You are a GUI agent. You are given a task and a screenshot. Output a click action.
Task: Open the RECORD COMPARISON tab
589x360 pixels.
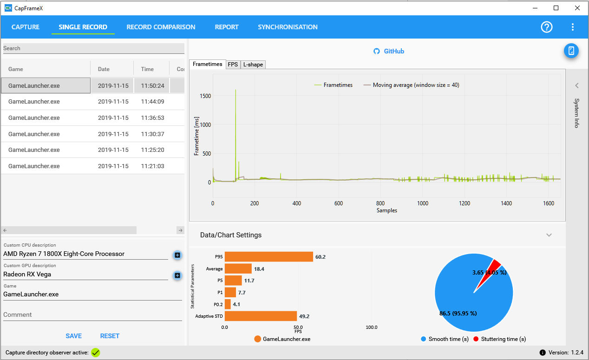click(161, 27)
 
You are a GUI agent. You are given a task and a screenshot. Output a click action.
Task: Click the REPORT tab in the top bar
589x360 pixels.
click(227, 27)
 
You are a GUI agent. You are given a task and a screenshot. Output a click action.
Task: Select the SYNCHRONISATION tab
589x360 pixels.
click(288, 27)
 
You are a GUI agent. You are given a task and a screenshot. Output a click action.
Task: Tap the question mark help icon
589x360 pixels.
click(546, 27)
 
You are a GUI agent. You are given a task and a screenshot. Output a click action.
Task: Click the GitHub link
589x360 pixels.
click(389, 51)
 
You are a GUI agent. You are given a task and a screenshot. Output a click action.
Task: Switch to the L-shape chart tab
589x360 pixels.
click(253, 65)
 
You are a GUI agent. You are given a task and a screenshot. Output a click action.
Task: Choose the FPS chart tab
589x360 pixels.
click(233, 65)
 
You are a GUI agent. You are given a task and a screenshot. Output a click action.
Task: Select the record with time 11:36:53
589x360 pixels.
click(93, 118)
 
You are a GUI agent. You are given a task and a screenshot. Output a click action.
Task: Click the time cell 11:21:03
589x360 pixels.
click(152, 166)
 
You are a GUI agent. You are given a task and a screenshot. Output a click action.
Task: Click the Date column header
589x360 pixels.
click(104, 69)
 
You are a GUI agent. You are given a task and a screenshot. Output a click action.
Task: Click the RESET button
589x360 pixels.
click(110, 336)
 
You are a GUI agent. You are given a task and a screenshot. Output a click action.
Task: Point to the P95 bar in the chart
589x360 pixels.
click(269, 257)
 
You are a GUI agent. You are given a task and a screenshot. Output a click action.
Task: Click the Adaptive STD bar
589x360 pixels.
click(261, 316)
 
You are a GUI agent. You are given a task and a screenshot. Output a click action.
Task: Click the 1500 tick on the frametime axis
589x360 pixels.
click(205, 96)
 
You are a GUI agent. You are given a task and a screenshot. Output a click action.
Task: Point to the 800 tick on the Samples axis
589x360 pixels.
click(380, 203)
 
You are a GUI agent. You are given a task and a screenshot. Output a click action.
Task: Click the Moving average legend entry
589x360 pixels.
click(411, 85)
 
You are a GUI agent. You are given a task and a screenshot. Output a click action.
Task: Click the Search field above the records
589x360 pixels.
click(94, 48)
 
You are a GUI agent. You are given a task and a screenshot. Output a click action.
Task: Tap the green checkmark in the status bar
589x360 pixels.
click(95, 353)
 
